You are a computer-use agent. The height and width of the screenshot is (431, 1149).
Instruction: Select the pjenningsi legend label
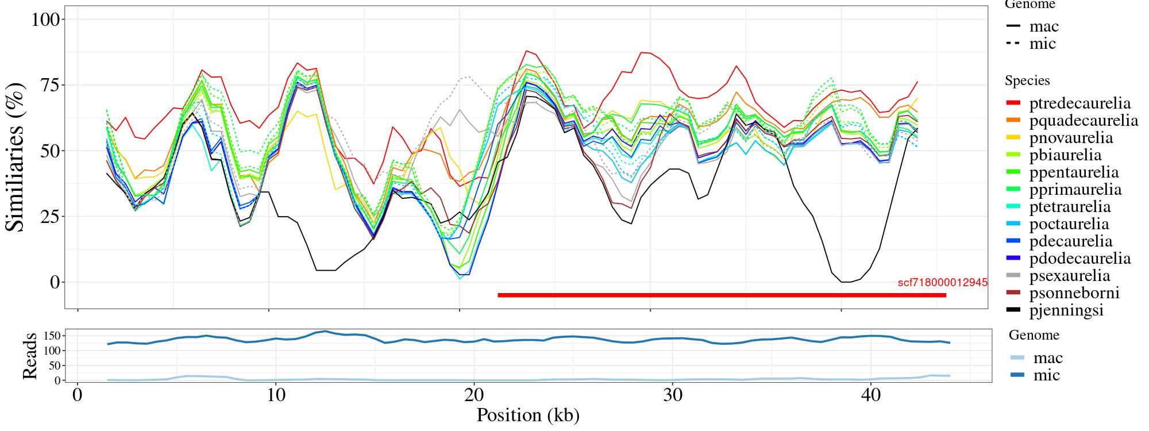coord(1066,310)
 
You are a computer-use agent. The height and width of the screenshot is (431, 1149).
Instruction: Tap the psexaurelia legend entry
coord(1070,276)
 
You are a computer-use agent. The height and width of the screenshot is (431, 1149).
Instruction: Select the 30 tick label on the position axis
coord(672,396)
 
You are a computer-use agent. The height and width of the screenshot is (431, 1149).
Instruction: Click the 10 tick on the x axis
coord(276,396)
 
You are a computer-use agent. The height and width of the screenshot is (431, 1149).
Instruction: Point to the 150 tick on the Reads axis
coord(52,335)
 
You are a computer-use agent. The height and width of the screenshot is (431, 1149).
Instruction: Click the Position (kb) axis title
coord(527,415)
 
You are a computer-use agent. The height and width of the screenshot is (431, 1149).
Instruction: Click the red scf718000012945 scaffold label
coord(942,283)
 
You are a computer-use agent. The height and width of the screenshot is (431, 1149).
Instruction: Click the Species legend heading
coord(1027,81)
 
